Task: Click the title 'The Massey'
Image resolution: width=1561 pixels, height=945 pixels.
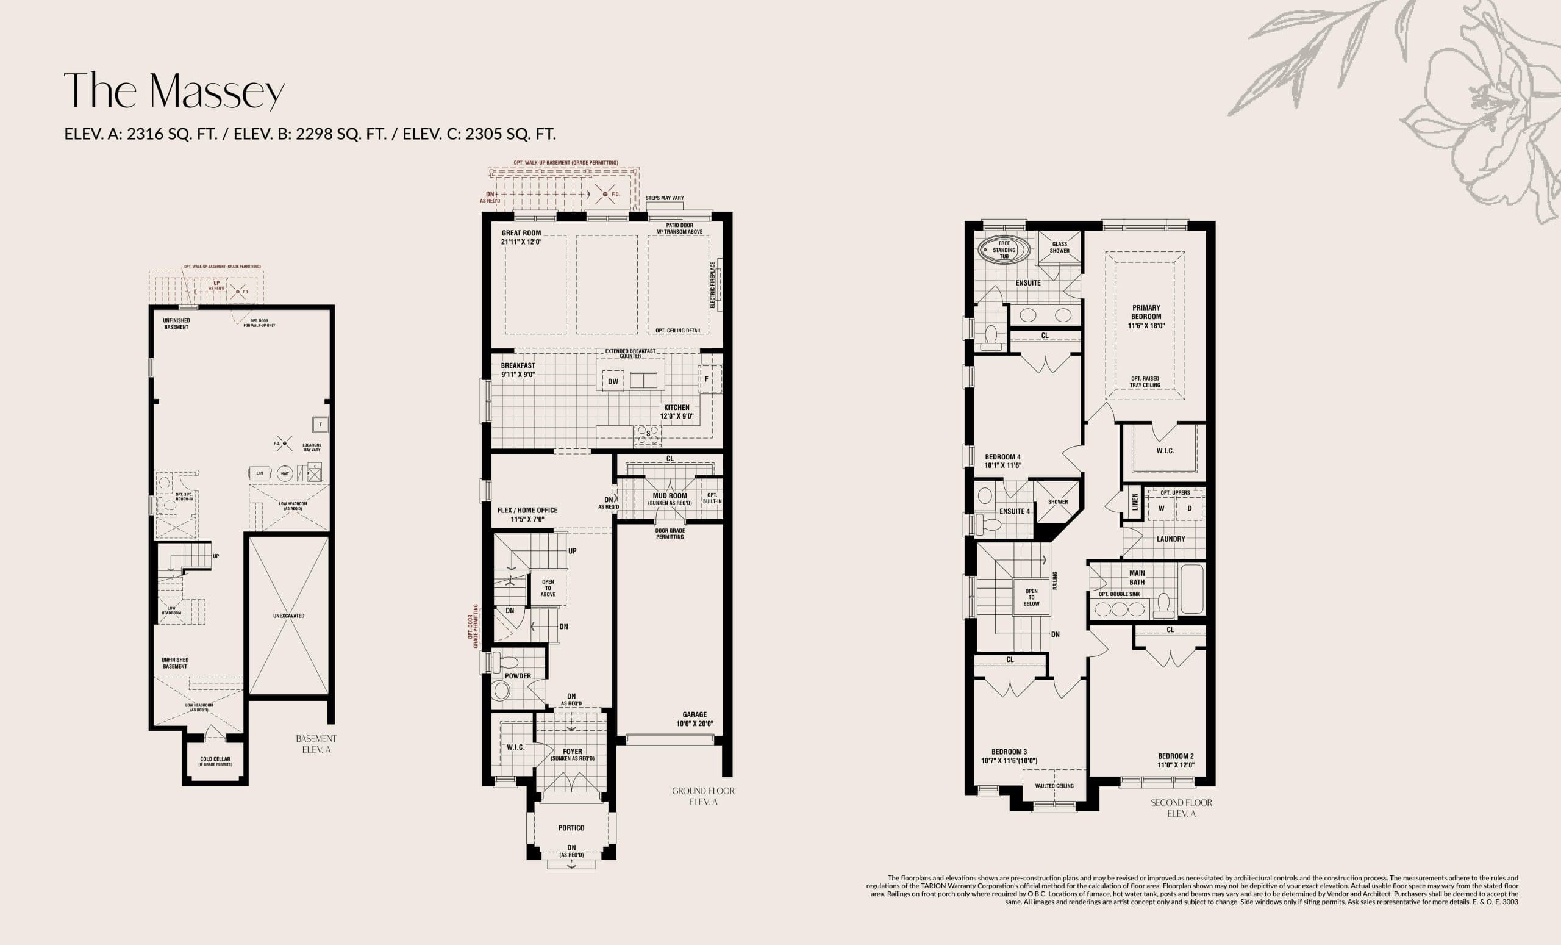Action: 174,91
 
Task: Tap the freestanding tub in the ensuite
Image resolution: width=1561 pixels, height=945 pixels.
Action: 996,250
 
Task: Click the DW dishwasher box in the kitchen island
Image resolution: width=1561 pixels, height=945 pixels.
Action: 613,381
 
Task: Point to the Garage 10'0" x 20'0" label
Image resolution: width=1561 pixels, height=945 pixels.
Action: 695,719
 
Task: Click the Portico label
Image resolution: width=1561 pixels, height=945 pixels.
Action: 571,828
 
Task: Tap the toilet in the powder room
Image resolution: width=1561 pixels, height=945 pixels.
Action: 505,663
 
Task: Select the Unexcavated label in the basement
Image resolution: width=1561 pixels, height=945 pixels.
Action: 288,616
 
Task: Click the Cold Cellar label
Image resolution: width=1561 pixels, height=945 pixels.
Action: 215,761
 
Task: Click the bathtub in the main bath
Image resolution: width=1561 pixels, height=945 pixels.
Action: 1191,589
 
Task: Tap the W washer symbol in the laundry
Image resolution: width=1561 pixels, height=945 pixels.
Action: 1161,508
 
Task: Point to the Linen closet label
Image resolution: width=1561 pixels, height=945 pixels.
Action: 1135,502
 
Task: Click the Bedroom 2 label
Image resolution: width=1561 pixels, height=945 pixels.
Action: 1176,760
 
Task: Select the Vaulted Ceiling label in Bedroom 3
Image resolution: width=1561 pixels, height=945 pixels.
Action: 1054,786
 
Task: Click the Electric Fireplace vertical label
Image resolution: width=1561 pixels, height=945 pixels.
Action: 712,286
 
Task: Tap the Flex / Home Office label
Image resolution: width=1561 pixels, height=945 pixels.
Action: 527,514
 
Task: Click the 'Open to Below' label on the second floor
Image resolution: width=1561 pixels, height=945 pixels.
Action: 1031,597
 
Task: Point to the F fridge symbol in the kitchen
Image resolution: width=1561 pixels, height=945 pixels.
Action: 706,379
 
